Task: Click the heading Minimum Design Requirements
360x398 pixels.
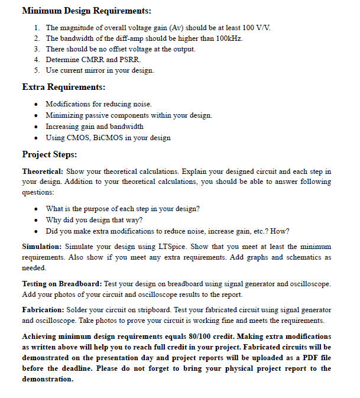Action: coord(86,11)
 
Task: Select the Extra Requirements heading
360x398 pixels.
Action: coord(64,87)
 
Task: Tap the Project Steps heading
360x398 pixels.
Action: coord(50,154)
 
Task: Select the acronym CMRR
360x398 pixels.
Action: coord(92,60)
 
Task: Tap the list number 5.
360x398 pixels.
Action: coord(37,70)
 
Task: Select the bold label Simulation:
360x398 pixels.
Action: coord(41,246)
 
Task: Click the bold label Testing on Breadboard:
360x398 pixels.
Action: coord(61,284)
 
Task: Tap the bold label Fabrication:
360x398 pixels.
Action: coord(43,310)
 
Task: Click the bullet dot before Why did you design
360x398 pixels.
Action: coord(37,220)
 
